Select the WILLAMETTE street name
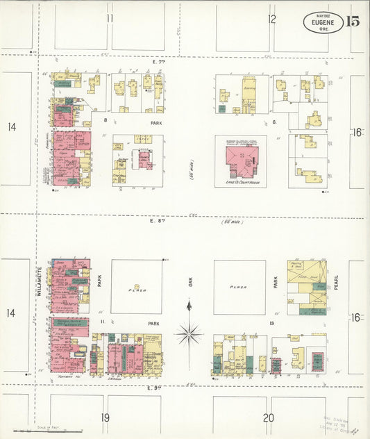(40, 281)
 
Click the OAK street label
(189, 281)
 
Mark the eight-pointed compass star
(188, 335)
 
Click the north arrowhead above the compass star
(188, 304)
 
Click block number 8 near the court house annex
(106, 120)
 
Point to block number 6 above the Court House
(274, 121)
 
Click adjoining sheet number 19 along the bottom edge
(105, 417)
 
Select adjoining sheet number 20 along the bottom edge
(269, 417)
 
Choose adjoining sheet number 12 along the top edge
(272, 19)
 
